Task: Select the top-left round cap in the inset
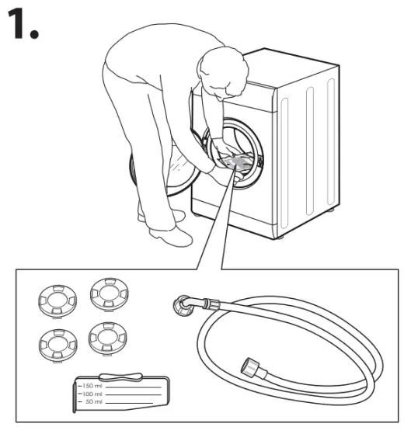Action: [55, 297]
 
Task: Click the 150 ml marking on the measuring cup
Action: [96, 386]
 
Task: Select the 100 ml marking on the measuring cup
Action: [96, 394]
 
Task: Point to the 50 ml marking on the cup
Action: [96, 403]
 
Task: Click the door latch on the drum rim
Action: [259, 161]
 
